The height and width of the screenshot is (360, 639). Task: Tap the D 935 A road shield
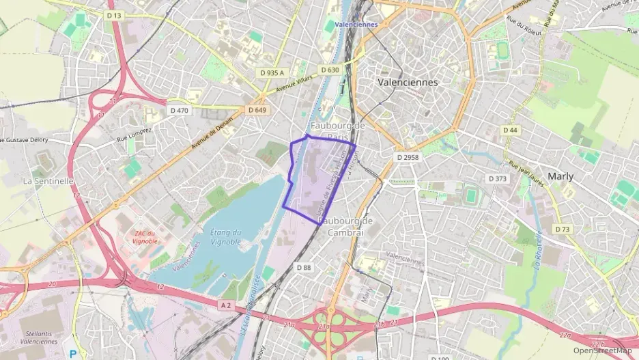(x=271, y=72)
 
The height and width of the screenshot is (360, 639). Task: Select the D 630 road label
(x=329, y=70)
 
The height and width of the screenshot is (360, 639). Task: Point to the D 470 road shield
(x=177, y=110)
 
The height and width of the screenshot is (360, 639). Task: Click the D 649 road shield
(x=257, y=110)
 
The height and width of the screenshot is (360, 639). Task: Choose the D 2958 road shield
(x=408, y=157)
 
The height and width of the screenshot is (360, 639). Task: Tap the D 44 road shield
(x=510, y=130)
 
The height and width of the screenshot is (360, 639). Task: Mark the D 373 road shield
(x=498, y=178)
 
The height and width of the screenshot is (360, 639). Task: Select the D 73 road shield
(x=563, y=230)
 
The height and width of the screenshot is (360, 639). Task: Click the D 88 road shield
(x=304, y=268)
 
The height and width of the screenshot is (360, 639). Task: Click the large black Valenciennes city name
(x=408, y=82)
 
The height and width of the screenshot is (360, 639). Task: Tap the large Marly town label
(x=560, y=176)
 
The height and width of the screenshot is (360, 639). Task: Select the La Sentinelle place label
(x=48, y=181)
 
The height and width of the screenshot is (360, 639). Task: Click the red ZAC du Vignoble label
(x=143, y=237)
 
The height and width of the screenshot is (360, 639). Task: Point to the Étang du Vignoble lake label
(x=226, y=237)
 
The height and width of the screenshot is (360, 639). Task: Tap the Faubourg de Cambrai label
(x=345, y=226)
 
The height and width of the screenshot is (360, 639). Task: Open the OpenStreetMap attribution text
(x=603, y=350)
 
